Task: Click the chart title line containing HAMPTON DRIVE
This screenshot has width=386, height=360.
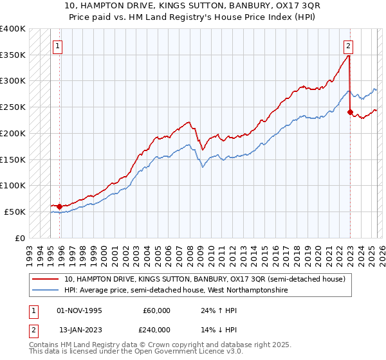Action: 193,5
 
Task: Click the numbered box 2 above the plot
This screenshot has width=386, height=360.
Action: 348,46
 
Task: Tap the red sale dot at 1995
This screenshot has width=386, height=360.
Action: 59,206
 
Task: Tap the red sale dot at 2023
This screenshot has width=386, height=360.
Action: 350,112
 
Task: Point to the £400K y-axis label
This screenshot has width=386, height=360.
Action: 13,29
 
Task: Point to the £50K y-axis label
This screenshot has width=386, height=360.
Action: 15,212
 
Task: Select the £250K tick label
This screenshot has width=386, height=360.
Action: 13,107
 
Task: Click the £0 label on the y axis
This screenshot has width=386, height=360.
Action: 21,238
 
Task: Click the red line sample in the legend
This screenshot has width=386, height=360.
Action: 46,280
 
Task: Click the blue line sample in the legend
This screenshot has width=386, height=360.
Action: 46,291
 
